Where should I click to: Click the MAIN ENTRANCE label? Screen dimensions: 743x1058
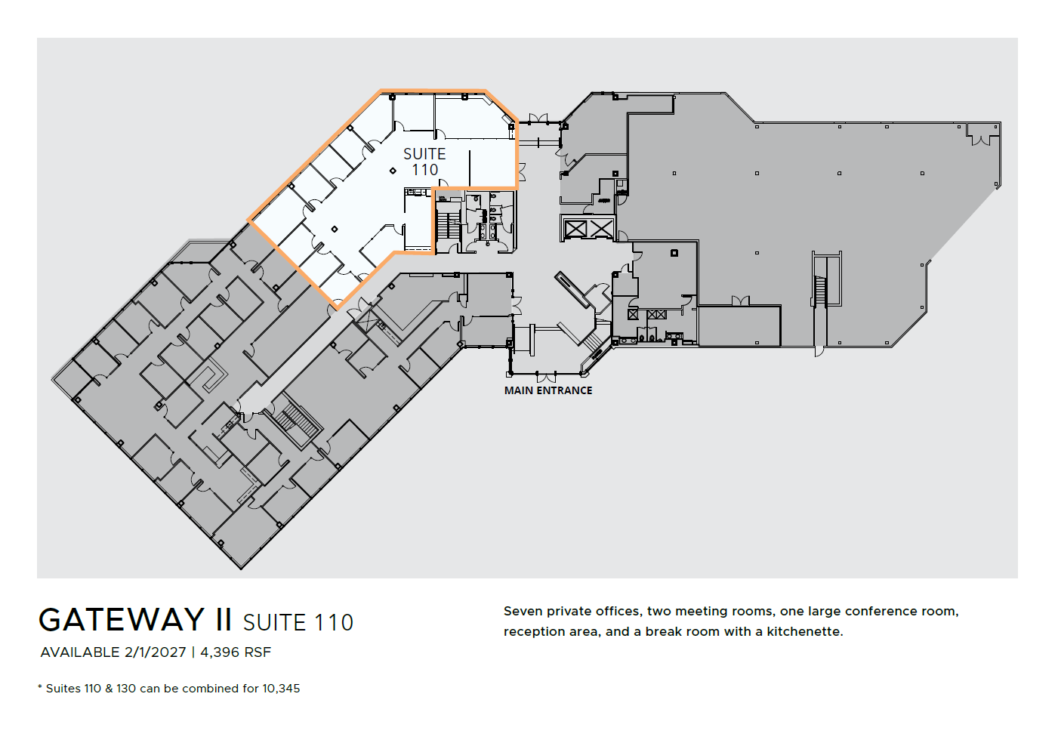(x=548, y=390)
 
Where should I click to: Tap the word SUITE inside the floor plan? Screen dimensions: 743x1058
(x=424, y=154)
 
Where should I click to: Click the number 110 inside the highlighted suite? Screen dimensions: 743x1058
(x=424, y=171)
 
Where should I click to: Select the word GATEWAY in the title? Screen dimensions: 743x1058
(x=122, y=620)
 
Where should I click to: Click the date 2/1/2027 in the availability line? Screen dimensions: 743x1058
(x=155, y=652)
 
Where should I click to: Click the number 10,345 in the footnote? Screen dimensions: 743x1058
(x=281, y=689)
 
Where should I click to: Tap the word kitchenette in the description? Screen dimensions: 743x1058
(x=804, y=631)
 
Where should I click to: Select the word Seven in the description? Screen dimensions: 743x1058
(x=523, y=611)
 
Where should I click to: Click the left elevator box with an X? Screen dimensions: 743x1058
(x=575, y=228)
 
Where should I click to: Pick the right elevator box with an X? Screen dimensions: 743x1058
(x=601, y=228)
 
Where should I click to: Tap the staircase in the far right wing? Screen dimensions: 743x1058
(x=821, y=290)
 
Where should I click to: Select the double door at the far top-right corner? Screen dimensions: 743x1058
(x=983, y=138)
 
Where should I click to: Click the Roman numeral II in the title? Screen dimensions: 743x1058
(x=224, y=620)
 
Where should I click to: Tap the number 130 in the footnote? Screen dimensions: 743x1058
(x=126, y=689)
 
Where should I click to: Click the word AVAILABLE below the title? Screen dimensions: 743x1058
(x=80, y=652)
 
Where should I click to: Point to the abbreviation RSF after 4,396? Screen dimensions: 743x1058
(x=258, y=652)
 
